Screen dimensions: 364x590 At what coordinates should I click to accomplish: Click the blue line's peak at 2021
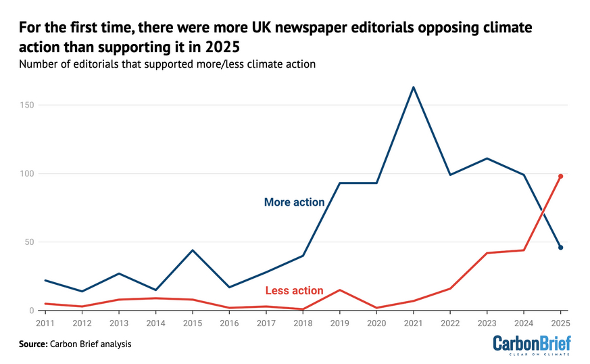click(413, 87)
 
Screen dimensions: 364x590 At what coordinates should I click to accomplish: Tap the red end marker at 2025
click(560, 177)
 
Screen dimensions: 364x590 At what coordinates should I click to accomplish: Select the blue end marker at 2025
click(560, 248)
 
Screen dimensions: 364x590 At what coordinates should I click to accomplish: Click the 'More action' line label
click(294, 202)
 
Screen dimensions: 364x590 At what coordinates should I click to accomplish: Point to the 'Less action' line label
click(294, 291)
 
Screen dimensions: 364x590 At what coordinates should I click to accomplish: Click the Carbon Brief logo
click(531, 344)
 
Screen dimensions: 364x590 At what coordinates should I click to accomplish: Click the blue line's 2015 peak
click(193, 250)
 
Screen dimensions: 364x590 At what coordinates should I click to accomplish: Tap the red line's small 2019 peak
click(339, 290)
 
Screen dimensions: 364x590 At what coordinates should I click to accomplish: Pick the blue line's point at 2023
click(487, 158)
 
